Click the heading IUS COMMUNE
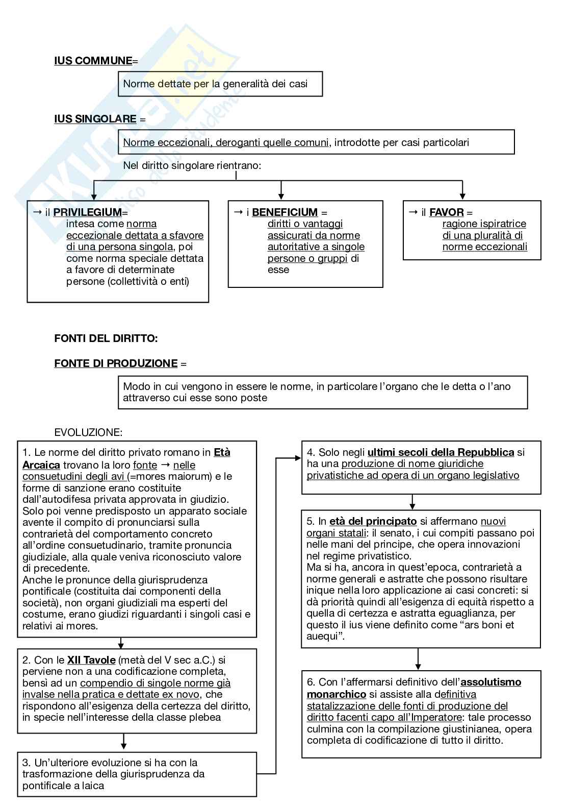pyautogui.click(x=93, y=61)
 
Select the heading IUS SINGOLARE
pyautogui.click(x=95, y=119)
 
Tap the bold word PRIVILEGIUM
pyautogui.click(x=88, y=212)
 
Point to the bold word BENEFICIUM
pyautogui.click(x=284, y=212)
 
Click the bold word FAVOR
pyautogui.click(x=446, y=212)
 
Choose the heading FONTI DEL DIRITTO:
pyautogui.click(x=106, y=338)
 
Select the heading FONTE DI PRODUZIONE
pyautogui.click(x=116, y=363)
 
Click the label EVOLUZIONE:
pyautogui.click(x=88, y=433)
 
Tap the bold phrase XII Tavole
pyautogui.click(x=91, y=661)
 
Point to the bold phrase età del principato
pyautogui.click(x=373, y=522)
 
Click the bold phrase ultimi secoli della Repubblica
pyautogui.click(x=441, y=452)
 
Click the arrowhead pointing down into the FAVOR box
pyautogui.click(x=462, y=196)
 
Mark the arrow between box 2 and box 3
pyautogui.click(x=124, y=741)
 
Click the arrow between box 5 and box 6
pyautogui.click(x=418, y=659)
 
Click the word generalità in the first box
pyautogui.click(x=245, y=84)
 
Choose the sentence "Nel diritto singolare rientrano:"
pyautogui.click(x=192, y=166)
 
